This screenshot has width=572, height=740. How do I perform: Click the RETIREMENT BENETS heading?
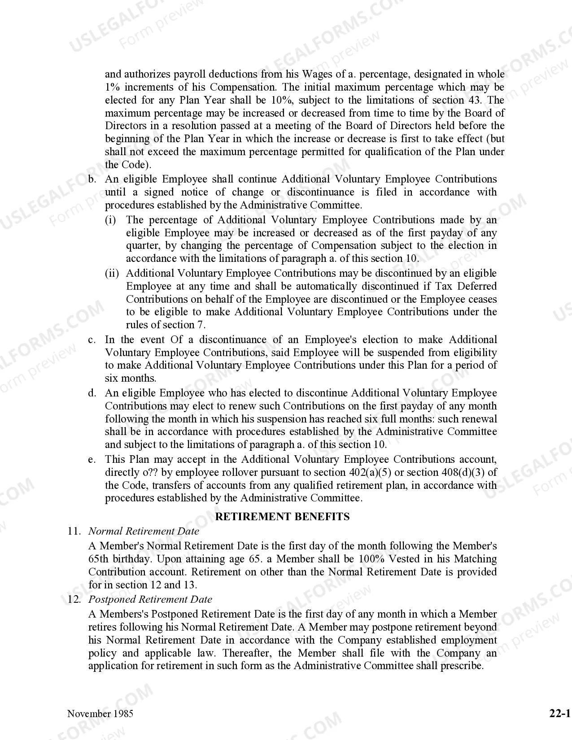(282, 517)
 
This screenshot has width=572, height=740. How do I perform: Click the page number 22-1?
(559, 714)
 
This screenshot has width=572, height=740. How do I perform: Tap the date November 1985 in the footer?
(100, 714)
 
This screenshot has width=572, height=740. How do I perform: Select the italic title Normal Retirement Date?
(144, 531)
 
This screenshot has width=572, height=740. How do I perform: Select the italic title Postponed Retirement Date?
(150, 599)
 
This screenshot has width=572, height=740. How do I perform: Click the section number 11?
(74, 531)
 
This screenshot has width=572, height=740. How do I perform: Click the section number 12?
(74, 599)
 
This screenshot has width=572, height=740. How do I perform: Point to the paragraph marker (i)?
(110, 220)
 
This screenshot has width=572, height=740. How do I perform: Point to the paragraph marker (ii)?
(112, 273)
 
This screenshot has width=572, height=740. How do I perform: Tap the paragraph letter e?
(92, 459)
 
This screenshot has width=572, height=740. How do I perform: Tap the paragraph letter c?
(92, 340)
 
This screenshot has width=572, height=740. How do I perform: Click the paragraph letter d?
(92, 393)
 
